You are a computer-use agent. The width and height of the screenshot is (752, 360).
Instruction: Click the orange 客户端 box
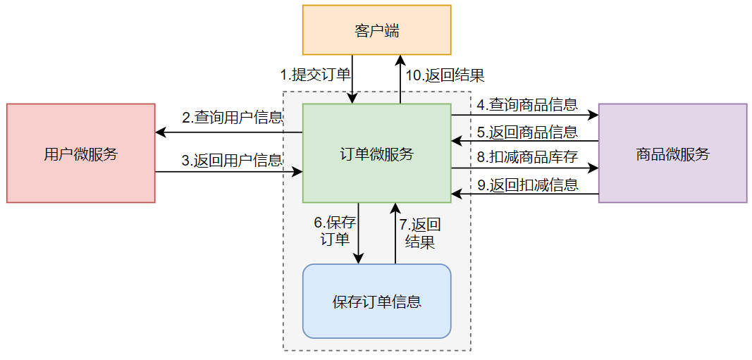point(376,30)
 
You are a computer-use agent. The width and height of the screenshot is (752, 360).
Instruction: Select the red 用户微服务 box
point(80,154)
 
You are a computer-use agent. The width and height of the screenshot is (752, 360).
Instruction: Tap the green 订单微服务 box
point(376,154)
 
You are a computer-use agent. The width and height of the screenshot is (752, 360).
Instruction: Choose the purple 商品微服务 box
point(672,154)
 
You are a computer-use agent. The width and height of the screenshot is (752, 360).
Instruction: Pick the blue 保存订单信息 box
point(376,302)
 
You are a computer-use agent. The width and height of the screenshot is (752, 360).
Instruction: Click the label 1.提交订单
point(315,75)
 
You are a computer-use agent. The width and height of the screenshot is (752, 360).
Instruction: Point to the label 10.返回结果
point(445,75)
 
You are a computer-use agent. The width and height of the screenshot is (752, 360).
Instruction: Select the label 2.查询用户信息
point(232,117)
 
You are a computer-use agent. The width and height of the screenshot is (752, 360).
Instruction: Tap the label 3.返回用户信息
point(232,161)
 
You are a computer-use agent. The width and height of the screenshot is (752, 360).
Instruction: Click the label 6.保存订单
point(335,230)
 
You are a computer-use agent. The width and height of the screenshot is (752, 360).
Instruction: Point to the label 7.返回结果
point(420,233)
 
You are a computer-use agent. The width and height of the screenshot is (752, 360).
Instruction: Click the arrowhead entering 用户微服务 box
point(160,132)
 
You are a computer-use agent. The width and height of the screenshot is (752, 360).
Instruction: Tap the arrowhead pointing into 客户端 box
point(400,59)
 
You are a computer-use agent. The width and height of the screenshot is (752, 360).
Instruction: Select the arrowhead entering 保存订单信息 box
point(359,259)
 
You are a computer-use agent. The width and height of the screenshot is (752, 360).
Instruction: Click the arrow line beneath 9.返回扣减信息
point(525,194)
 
